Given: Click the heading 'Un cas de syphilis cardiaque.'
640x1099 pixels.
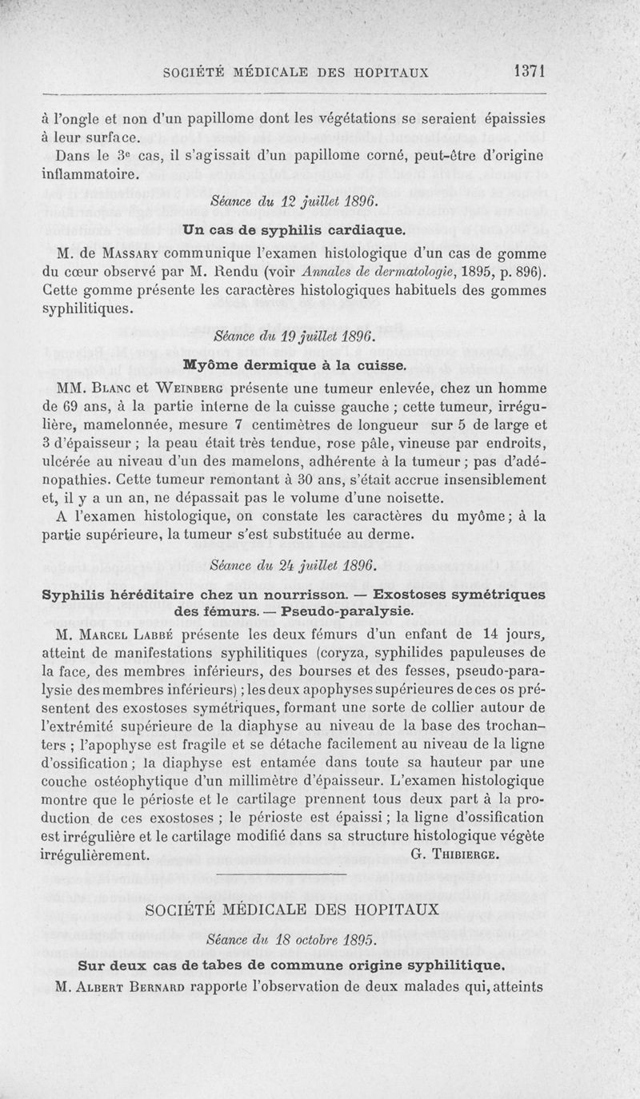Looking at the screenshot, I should [x=292, y=229].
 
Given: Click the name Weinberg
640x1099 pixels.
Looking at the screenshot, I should [x=188, y=389].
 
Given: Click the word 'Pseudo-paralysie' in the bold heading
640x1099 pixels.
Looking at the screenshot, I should [x=349, y=611].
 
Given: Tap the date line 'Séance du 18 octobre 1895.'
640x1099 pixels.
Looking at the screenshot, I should [x=292, y=940].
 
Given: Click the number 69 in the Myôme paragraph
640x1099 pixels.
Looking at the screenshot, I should [x=68, y=408].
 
